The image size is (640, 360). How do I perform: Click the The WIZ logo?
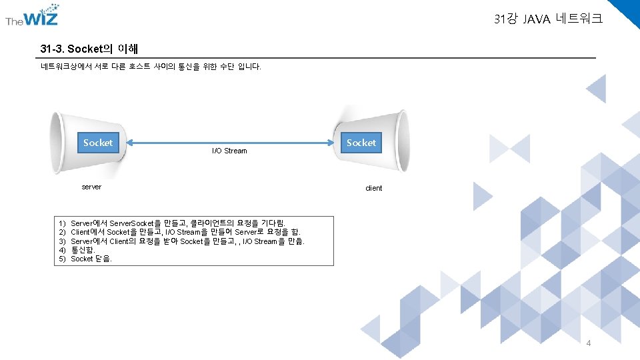tap(32, 18)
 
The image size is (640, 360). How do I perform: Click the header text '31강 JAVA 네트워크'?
tap(548, 19)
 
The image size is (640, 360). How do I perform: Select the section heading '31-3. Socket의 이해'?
tap(89, 49)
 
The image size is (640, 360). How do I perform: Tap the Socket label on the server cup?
tap(98, 143)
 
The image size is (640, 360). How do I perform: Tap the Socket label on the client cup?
tap(361, 143)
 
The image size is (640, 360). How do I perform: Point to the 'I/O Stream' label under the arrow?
tap(229, 151)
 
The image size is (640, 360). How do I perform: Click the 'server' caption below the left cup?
tap(91, 187)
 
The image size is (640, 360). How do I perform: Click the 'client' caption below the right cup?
tap(373, 188)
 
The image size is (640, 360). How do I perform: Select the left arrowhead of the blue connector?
tap(130, 142)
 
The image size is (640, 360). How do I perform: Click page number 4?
tap(588, 343)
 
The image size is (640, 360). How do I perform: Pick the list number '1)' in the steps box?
tap(62, 223)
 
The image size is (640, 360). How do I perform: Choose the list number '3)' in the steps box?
tap(62, 241)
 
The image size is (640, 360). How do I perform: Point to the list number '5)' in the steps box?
tap(62, 259)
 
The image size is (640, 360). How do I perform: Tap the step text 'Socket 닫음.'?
tap(91, 259)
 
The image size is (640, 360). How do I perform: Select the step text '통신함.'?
tap(83, 250)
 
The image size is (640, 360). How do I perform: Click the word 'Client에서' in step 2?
tap(88, 232)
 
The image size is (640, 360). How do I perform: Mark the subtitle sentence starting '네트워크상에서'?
tap(151, 67)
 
